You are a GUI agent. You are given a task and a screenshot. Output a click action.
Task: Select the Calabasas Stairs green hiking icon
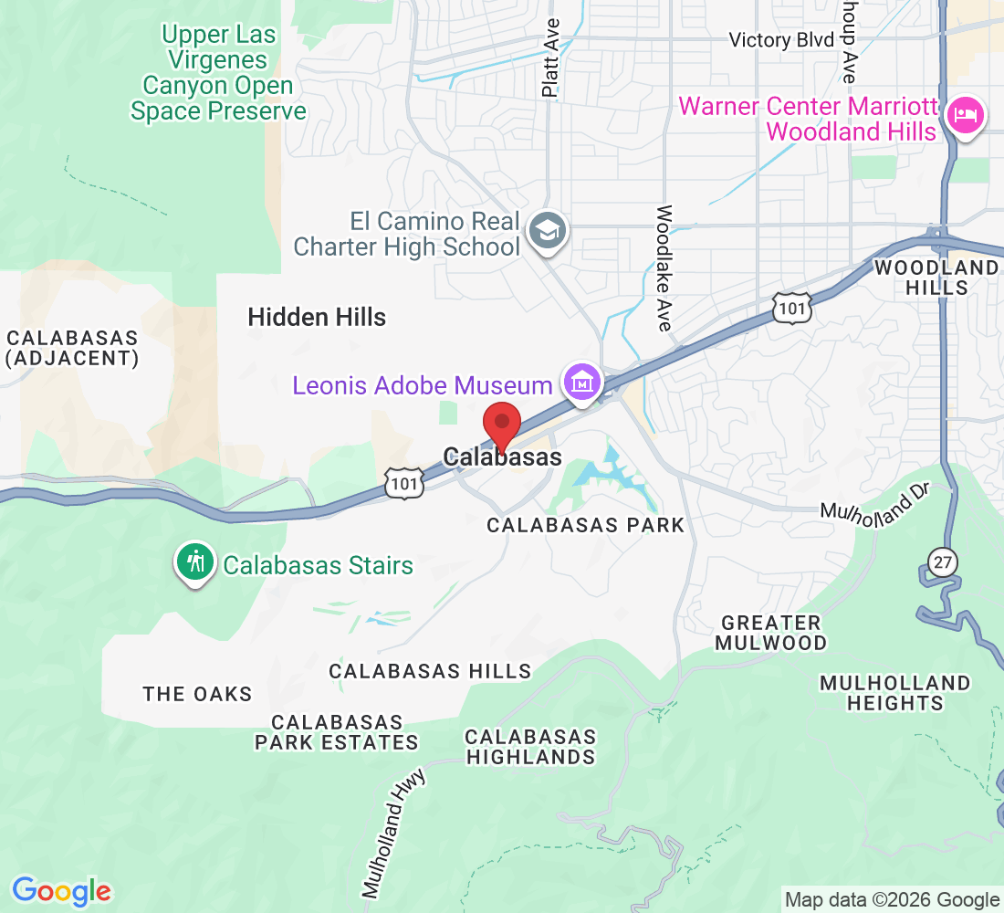[x=194, y=563]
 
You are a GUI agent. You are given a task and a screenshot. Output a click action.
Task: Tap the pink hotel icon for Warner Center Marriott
[x=965, y=116]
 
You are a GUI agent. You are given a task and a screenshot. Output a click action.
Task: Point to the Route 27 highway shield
[x=944, y=561]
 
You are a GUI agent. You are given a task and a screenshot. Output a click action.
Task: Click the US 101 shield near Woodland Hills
[x=791, y=308]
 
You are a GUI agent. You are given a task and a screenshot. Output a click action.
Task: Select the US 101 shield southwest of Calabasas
[x=403, y=483]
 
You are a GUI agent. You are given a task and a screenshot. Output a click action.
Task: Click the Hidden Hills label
[x=317, y=318]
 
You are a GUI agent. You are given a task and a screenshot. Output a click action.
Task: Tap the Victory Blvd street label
[x=782, y=40]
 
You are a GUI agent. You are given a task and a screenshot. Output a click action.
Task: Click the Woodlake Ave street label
[x=664, y=268]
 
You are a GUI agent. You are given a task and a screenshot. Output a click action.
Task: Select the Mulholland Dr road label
[x=873, y=503]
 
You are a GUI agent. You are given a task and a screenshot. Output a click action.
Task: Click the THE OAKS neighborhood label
[x=197, y=694]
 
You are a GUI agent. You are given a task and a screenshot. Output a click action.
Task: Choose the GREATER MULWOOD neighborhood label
[x=770, y=633]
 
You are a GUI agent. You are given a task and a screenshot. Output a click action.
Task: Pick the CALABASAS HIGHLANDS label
[x=530, y=746]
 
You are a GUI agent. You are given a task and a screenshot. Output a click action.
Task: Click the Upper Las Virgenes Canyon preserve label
[x=217, y=73]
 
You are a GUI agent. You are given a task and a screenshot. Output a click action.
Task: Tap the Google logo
[x=61, y=890]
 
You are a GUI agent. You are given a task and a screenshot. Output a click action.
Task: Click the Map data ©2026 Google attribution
[x=892, y=900]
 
